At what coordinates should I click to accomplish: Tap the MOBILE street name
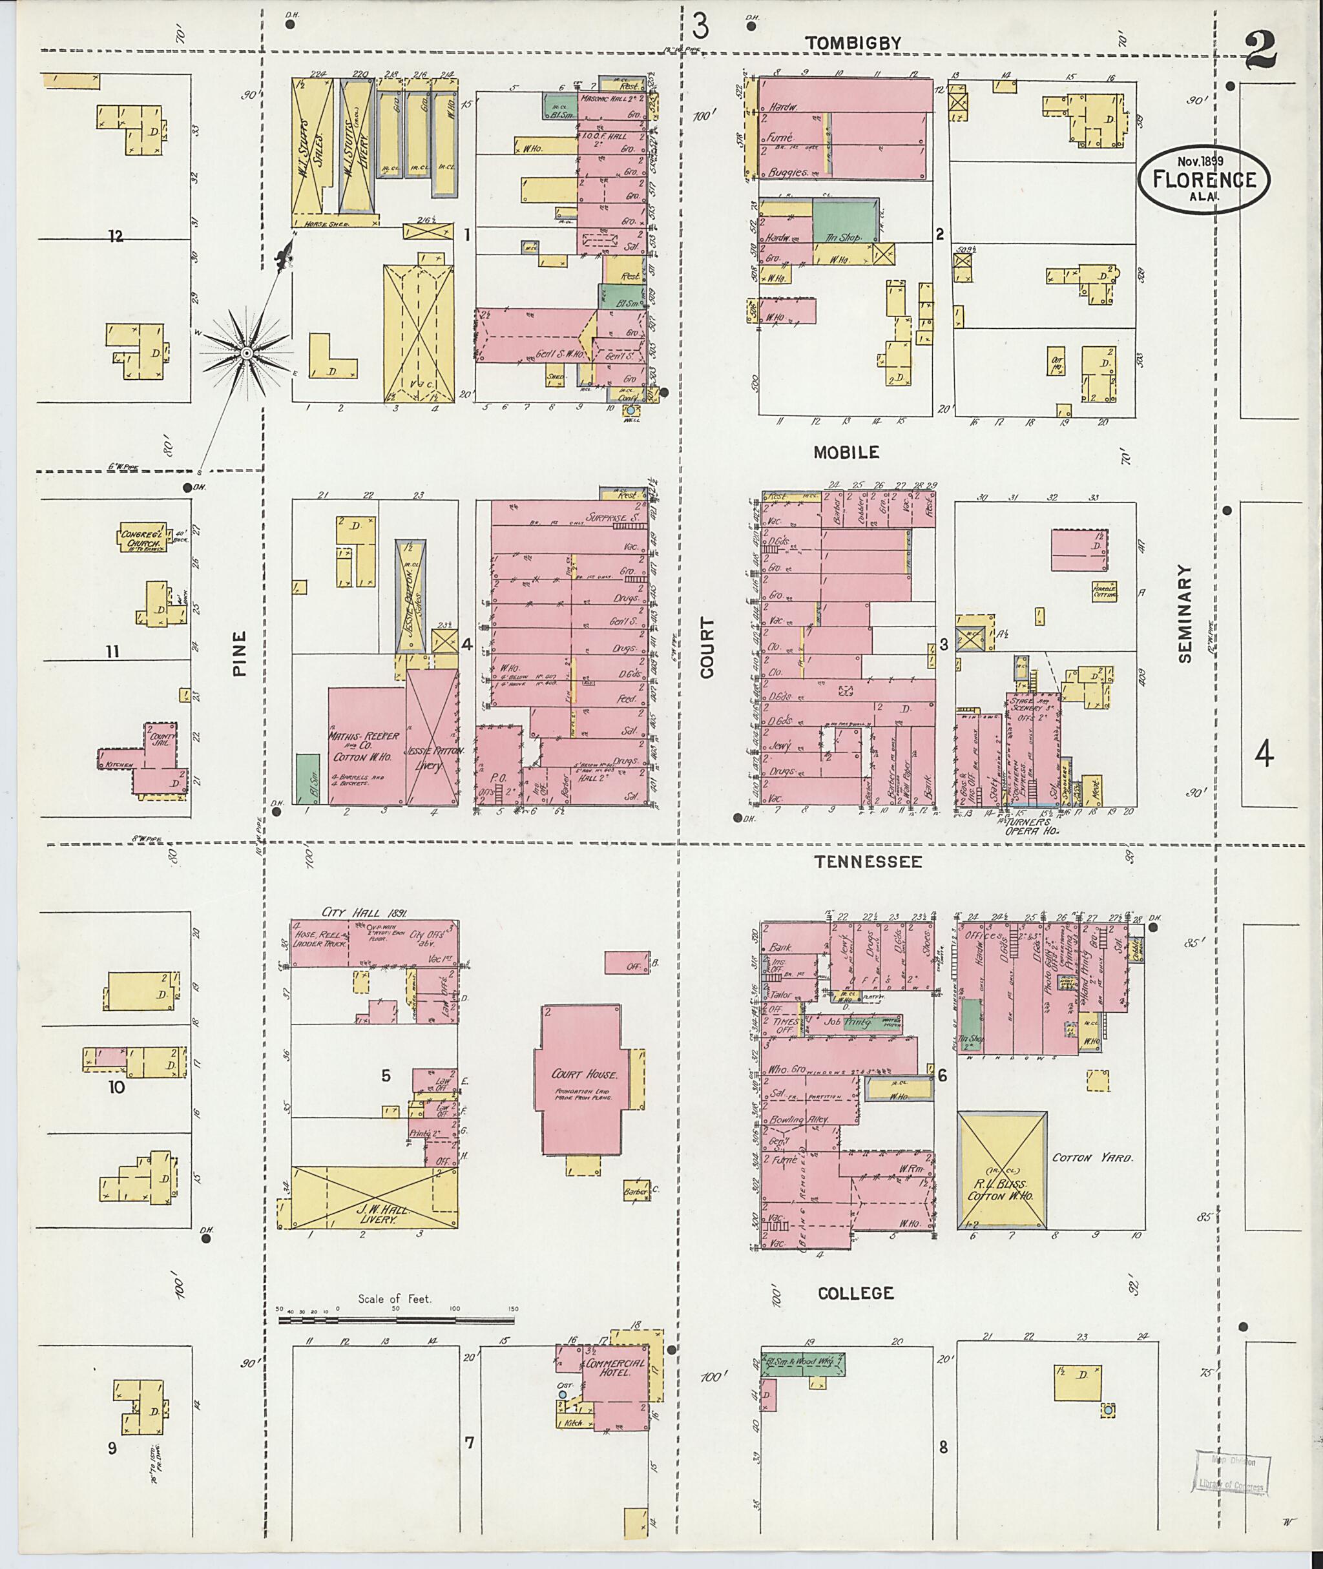[846, 452]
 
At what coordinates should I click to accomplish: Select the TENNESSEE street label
[868, 862]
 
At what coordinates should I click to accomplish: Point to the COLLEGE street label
[856, 1293]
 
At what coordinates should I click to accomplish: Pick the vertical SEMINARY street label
[1184, 613]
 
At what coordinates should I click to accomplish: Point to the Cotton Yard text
[1091, 1158]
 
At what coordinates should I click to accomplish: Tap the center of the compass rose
[245, 353]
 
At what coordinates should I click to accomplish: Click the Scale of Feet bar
[395, 1319]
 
